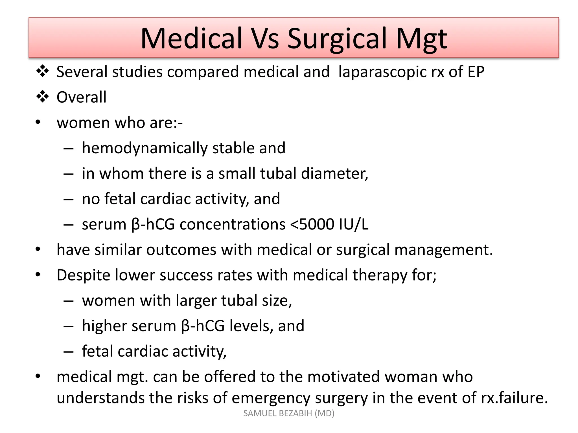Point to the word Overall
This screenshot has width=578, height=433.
click(x=81, y=97)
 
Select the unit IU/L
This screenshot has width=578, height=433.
click(x=354, y=224)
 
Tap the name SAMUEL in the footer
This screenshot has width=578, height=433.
click(x=259, y=413)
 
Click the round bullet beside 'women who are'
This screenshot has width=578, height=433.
click(x=38, y=123)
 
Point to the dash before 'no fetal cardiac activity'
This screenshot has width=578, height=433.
click(x=69, y=199)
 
